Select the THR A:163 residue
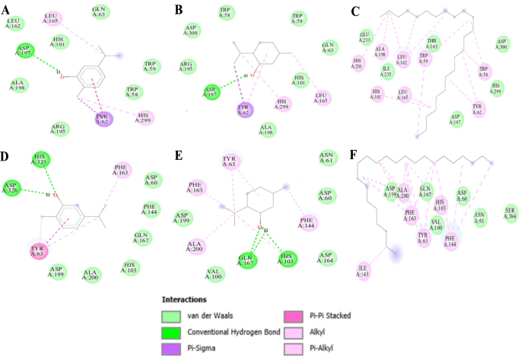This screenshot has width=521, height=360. (x=433, y=44)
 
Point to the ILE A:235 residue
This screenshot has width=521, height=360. (x=388, y=72)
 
